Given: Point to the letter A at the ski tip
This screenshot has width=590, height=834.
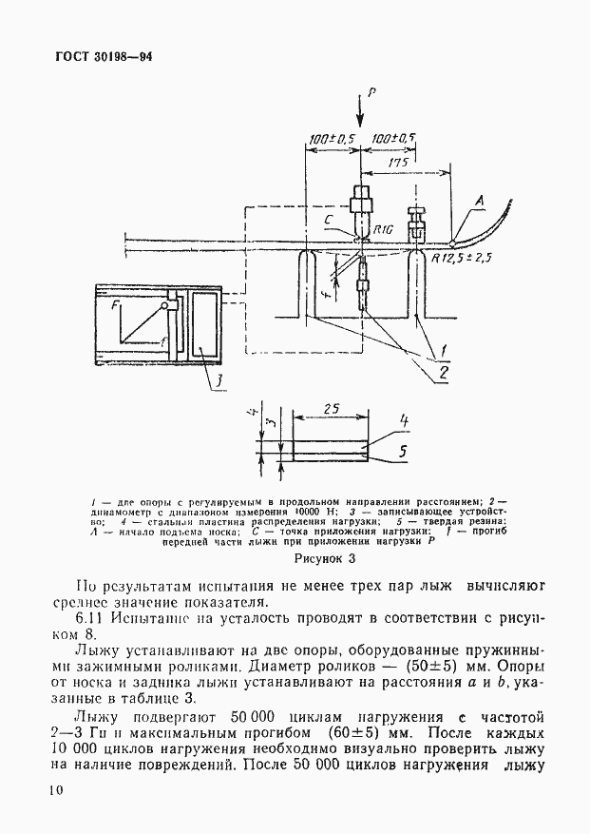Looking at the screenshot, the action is click(481, 200).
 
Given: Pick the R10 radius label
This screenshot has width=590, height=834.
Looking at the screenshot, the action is click(383, 229).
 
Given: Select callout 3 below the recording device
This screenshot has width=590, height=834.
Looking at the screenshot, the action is click(217, 382).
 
